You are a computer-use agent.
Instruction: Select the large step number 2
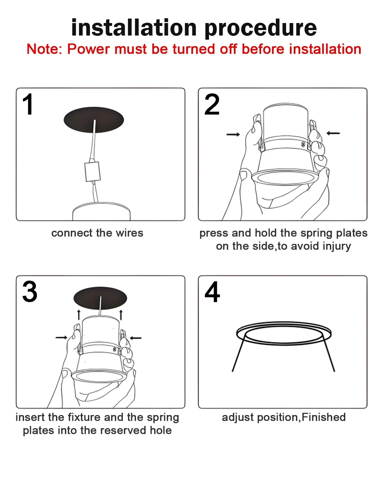point(212,104)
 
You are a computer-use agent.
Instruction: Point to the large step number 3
point(30,292)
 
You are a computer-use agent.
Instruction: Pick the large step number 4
point(212,292)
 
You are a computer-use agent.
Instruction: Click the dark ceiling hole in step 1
point(94,120)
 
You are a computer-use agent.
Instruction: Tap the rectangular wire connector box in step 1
point(92,172)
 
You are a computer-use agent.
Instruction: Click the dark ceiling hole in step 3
point(100,298)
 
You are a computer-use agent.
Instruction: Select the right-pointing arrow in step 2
point(233,134)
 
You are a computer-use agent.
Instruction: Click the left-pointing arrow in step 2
point(333,133)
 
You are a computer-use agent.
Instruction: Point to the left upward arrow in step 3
point(78,315)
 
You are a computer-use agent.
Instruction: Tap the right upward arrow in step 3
point(121,315)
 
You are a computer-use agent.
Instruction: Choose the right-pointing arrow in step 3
point(61,338)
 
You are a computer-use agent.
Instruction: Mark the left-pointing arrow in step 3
point(136,338)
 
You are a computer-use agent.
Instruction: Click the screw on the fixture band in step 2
point(303,144)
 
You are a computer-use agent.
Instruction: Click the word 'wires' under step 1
point(129,233)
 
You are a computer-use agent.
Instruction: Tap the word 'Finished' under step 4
point(324,417)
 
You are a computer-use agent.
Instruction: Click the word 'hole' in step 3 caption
point(161,430)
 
